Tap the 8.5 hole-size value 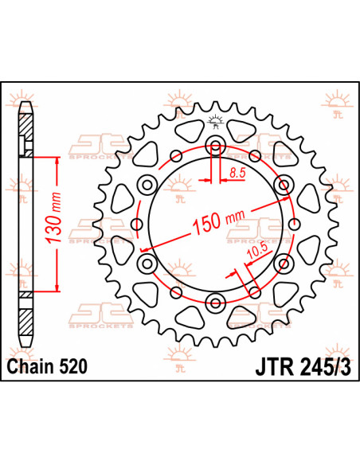(x=236, y=172)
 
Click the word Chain (x=29, y=367)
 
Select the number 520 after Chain (x=72, y=367)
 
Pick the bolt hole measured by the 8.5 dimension (x=215, y=147)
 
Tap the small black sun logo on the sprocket (x=214, y=121)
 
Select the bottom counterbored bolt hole (x=215, y=300)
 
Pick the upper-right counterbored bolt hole (x=281, y=185)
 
